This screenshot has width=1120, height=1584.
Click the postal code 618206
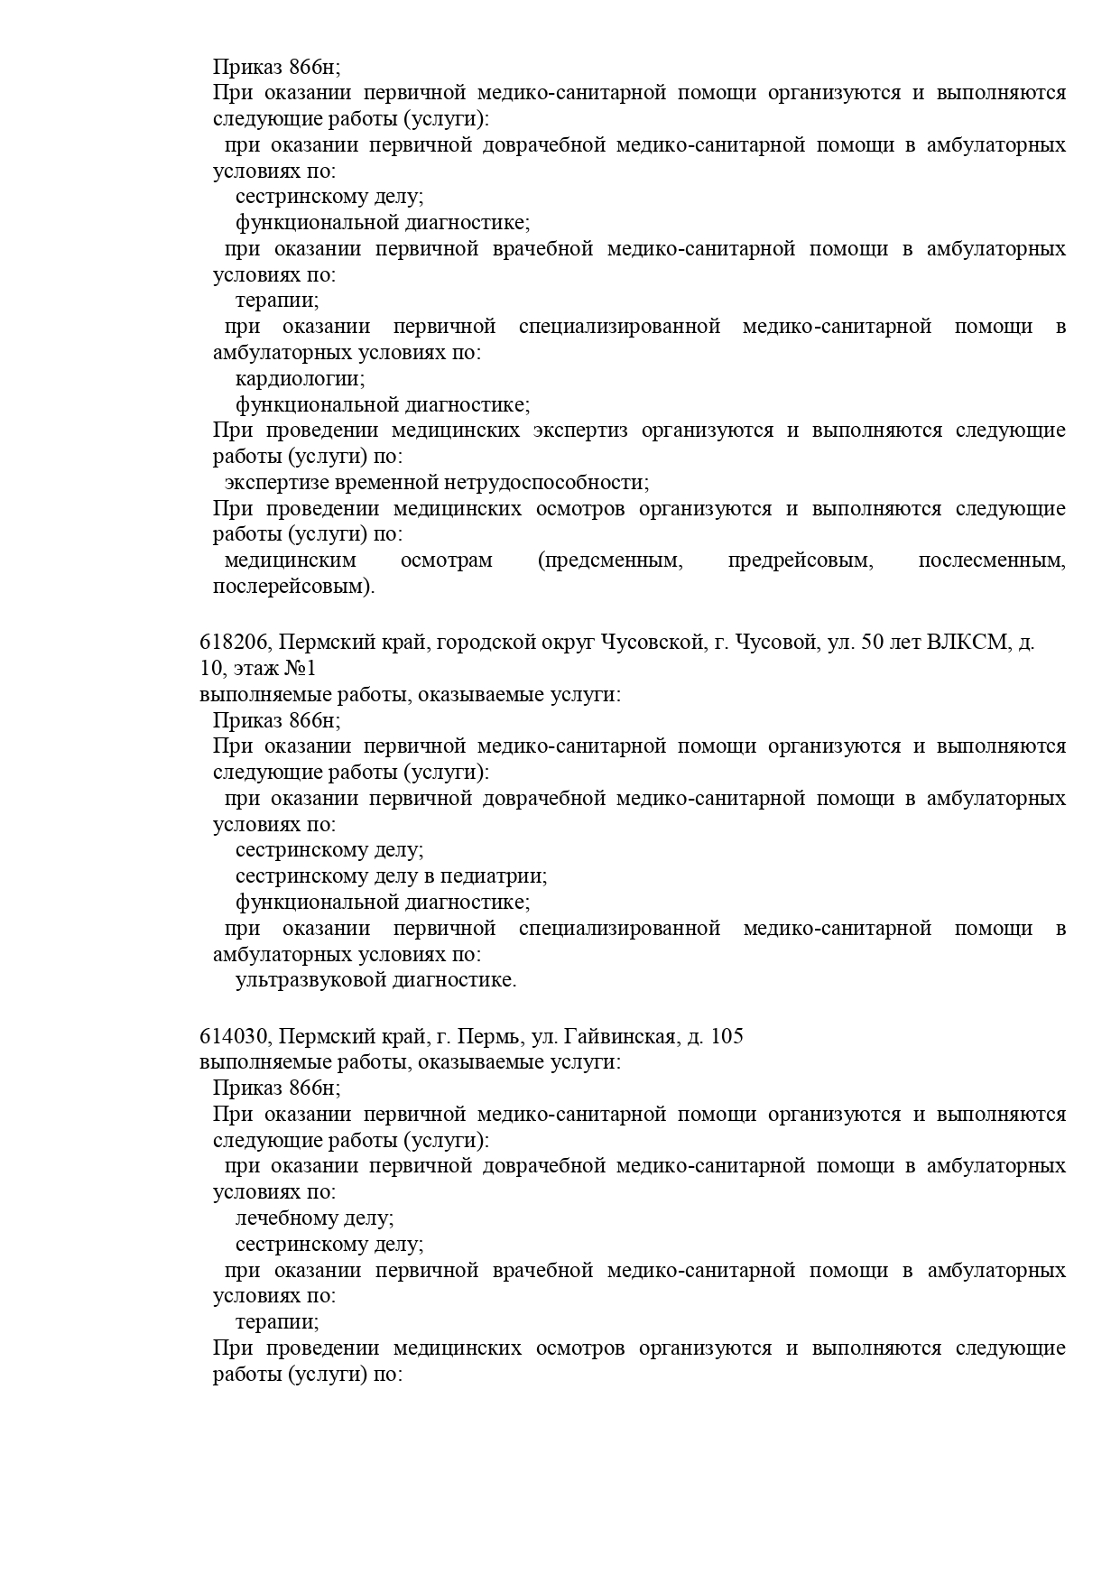234,643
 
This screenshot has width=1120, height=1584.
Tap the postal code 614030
234,1036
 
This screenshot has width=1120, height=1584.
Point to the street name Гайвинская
621,1036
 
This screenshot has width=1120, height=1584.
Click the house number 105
727,1036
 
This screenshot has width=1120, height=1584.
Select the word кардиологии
300,379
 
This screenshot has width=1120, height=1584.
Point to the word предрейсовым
801,560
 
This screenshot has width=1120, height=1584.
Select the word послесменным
991,560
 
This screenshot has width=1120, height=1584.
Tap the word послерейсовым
293,587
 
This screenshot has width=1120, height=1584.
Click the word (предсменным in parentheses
610,560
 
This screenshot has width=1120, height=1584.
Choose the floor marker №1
301,669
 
